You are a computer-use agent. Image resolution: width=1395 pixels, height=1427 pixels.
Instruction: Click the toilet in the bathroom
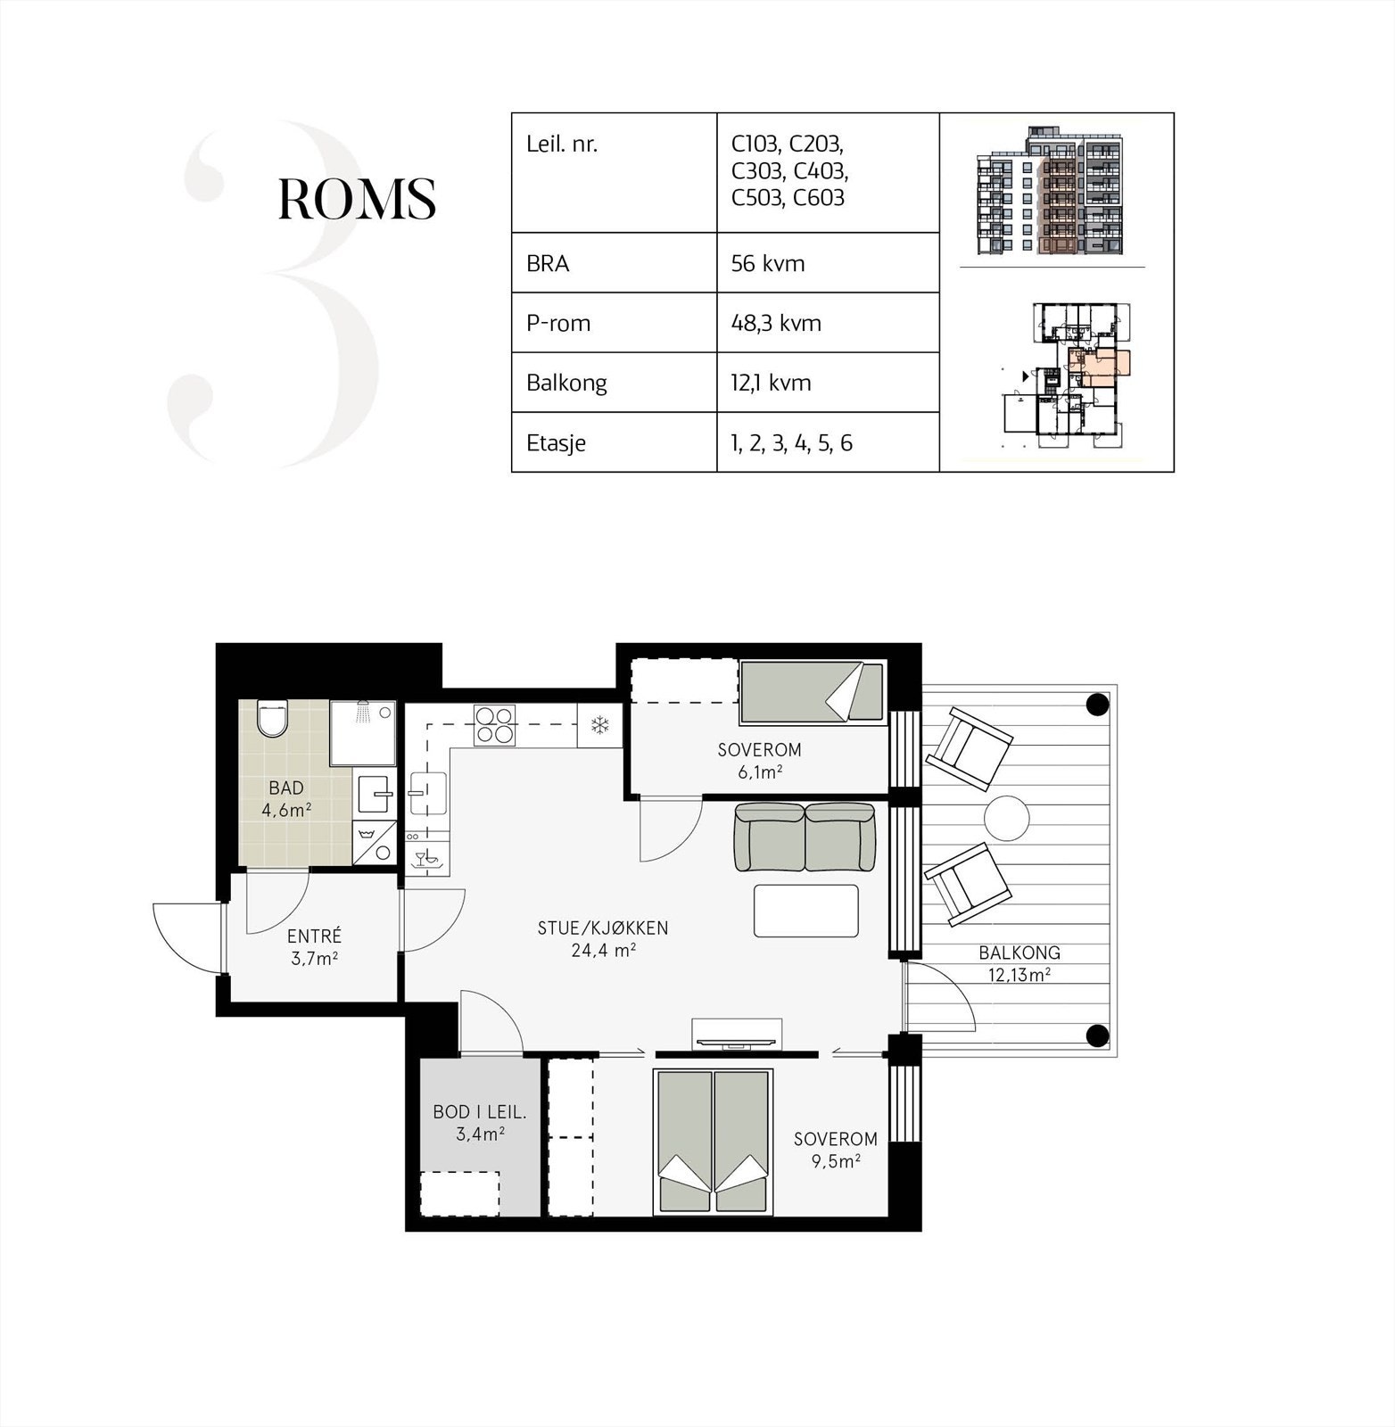273,719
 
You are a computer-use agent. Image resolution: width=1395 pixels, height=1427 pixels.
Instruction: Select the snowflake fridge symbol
599,725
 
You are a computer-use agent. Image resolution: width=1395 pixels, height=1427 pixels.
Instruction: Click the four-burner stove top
494,724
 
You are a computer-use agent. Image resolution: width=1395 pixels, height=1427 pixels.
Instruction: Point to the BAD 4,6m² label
286,799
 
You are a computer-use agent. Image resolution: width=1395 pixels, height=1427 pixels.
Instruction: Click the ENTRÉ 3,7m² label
314,947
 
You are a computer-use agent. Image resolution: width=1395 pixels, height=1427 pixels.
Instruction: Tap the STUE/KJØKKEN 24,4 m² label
602,938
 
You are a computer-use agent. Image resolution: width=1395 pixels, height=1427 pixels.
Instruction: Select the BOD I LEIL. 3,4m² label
480,1123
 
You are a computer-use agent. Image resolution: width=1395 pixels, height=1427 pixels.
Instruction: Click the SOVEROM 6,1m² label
759,761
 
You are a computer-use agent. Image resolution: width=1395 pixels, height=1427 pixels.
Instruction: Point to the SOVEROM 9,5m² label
835,1149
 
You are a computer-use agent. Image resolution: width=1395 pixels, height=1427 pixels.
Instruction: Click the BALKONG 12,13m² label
1019,963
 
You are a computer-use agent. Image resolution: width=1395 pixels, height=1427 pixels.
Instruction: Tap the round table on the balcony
1006,817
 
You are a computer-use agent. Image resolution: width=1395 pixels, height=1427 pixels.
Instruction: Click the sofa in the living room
804,837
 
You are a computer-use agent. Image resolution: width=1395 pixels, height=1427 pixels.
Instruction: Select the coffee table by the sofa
805,911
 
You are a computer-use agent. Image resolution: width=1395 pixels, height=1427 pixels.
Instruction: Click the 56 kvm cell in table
768,263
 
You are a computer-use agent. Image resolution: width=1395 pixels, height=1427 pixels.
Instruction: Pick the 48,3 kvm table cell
776,323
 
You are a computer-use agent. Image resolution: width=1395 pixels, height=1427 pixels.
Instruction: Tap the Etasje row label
556,442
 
